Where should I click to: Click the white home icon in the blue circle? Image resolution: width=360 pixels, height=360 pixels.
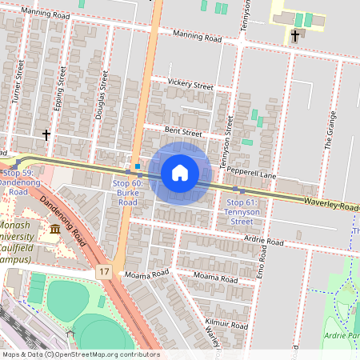coord(180,173)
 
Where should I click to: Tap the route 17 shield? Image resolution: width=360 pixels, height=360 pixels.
coord(105,273)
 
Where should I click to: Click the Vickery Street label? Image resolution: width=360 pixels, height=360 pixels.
coord(190,84)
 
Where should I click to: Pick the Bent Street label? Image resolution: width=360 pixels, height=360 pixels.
coord(183,132)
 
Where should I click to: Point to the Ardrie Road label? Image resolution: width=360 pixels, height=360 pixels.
coord(264,240)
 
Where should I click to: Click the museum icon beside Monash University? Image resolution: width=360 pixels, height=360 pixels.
coord(54,230)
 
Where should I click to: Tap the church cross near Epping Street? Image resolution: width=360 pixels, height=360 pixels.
coord(46,134)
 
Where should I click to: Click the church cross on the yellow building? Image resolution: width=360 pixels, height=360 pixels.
coord(294,36)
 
